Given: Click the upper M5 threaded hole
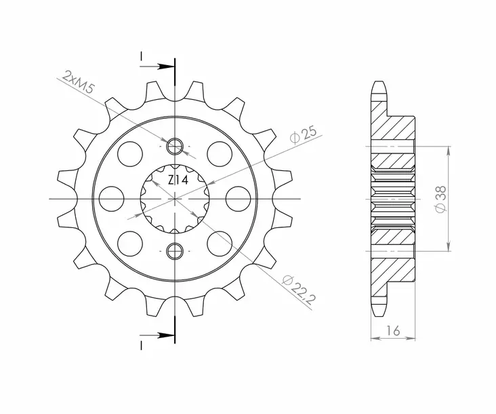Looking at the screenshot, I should pyautogui.click(x=175, y=145).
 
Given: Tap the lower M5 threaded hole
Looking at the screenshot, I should pyautogui.click(x=175, y=250).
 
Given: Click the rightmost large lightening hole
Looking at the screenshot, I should pyautogui.click(x=239, y=198).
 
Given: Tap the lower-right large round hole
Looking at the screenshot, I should pyautogui.click(x=220, y=242).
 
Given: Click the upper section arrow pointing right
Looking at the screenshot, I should pyautogui.click(x=163, y=67).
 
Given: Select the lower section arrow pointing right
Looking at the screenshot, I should pyautogui.click(x=163, y=335).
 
